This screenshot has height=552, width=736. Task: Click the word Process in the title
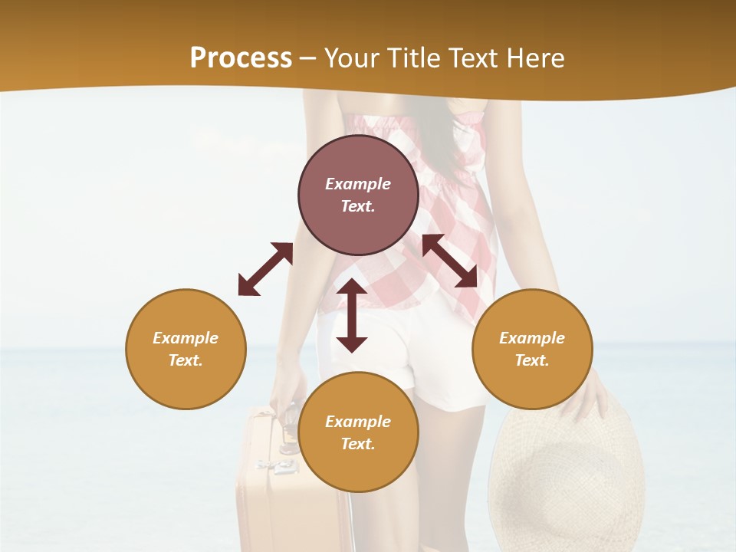point(241,58)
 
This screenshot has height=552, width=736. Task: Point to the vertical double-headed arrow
point(352,315)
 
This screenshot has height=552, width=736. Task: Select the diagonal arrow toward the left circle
point(265,269)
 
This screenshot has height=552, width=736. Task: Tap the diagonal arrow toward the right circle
point(450,261)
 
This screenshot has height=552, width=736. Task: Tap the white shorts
point(445,360)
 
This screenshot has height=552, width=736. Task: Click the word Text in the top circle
point(358,206)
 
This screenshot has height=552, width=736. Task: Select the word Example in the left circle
point(186,338)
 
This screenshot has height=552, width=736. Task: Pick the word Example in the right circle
point(532,338)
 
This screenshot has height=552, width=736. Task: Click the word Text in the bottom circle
point(358,444)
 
